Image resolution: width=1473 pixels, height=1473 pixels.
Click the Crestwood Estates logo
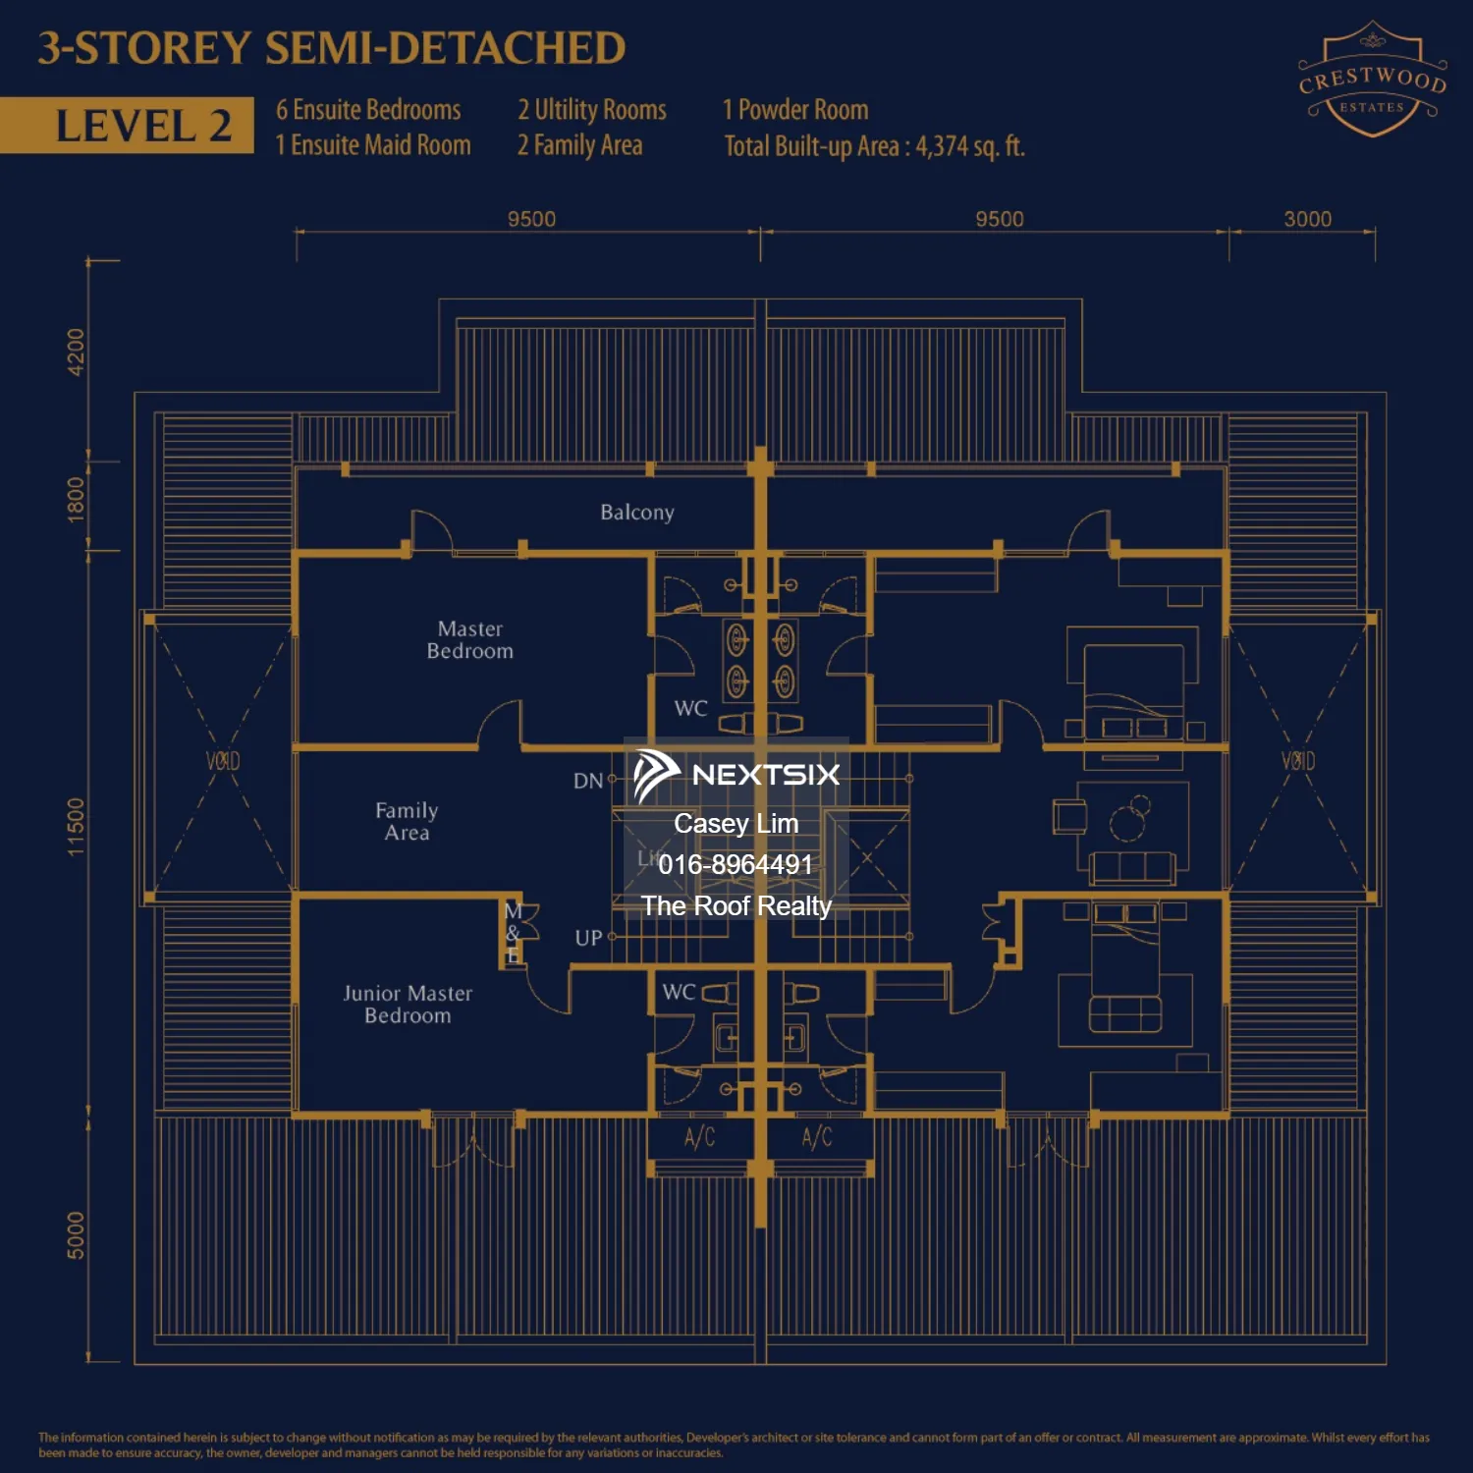pos(1372,81)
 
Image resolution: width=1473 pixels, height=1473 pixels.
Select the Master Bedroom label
pos(469,639)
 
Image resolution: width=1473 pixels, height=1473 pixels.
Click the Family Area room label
pos(407,821)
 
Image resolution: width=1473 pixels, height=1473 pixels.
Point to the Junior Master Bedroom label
pos(408,1004)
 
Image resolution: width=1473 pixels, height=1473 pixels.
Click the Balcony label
pos(637,512)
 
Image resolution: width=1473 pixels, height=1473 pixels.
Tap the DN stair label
pos(588,781)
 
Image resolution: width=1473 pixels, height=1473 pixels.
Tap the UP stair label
pos(588,938)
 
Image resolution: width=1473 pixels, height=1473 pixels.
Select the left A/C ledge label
pos(699,1137)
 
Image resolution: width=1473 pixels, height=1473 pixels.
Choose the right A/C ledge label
pos(817,1137)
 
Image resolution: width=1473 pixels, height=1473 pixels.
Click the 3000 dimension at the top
pos(1307,219)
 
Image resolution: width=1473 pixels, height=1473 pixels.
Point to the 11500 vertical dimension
pos(76,826)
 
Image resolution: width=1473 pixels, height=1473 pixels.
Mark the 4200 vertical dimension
pos(76,352)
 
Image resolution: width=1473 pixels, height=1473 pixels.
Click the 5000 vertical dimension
pos(76,1234)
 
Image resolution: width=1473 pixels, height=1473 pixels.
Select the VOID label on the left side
pos(223,761)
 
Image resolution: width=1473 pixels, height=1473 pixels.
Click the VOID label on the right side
pos(1297,761)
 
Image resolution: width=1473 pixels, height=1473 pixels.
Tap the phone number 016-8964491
pos(736,864)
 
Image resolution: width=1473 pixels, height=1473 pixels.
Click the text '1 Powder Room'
pos(795,109)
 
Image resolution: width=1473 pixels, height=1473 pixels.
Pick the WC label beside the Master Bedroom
pos(690,708)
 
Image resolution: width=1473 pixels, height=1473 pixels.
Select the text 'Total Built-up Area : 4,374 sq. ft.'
pos(874,146)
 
